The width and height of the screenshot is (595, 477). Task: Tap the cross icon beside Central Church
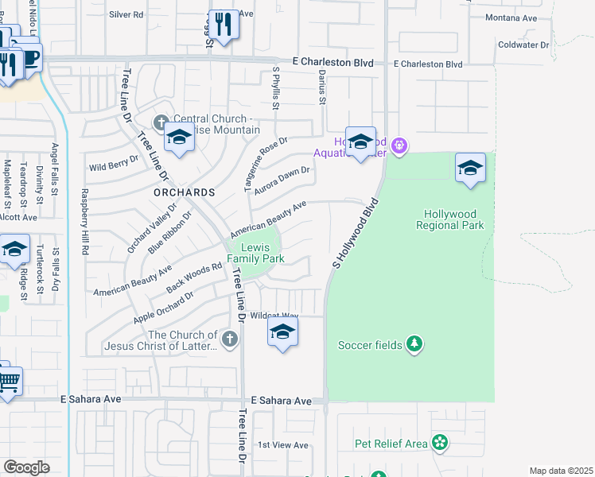coord(161,122)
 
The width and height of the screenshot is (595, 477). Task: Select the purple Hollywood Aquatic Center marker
coord(399,145)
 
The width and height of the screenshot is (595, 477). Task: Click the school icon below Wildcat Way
coord(282,332)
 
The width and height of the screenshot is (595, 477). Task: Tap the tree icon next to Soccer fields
coord(414,344)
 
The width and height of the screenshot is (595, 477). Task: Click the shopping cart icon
coord(7,382)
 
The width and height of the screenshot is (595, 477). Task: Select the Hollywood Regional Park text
coord(449,219)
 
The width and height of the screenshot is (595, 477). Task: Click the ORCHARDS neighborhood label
coord(185,192)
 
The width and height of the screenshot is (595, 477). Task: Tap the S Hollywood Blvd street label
coord(354,233)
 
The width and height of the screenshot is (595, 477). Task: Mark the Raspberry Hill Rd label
coord(84,222)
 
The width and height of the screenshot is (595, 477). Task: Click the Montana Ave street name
coord(518,17)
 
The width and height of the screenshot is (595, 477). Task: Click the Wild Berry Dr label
coord(114,166)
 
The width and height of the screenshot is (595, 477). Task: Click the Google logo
coord(26,467)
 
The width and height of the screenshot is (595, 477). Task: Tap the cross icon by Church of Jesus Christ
coord(230,339)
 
